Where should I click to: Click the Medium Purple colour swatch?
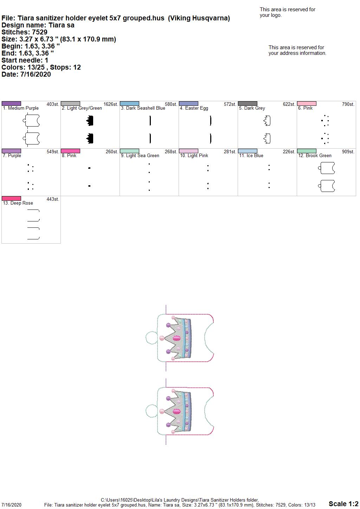11,103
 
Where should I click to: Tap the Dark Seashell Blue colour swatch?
129,103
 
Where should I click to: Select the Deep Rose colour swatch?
11,198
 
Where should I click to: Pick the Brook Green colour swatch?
307,151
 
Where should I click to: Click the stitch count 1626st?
111,104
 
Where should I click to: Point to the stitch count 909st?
348,152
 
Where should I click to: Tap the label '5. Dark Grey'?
252,108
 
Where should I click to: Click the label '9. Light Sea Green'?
140,156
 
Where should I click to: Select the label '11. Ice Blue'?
251,156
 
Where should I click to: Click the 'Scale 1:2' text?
343,504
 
